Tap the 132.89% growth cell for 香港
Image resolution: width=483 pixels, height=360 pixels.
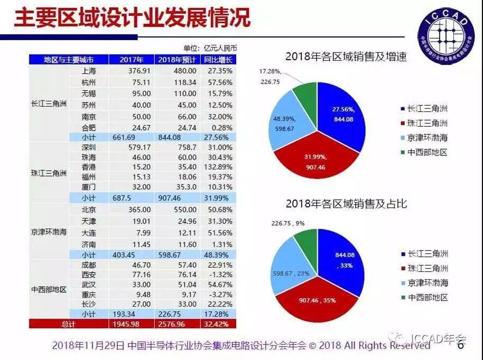click(218, 167)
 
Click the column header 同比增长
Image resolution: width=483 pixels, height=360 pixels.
click(218, 59)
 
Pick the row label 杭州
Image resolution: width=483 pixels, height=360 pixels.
click(89, 82)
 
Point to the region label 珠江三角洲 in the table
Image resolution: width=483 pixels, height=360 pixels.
click(49, 173)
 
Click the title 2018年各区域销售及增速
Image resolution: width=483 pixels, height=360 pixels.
click(346, 57)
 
